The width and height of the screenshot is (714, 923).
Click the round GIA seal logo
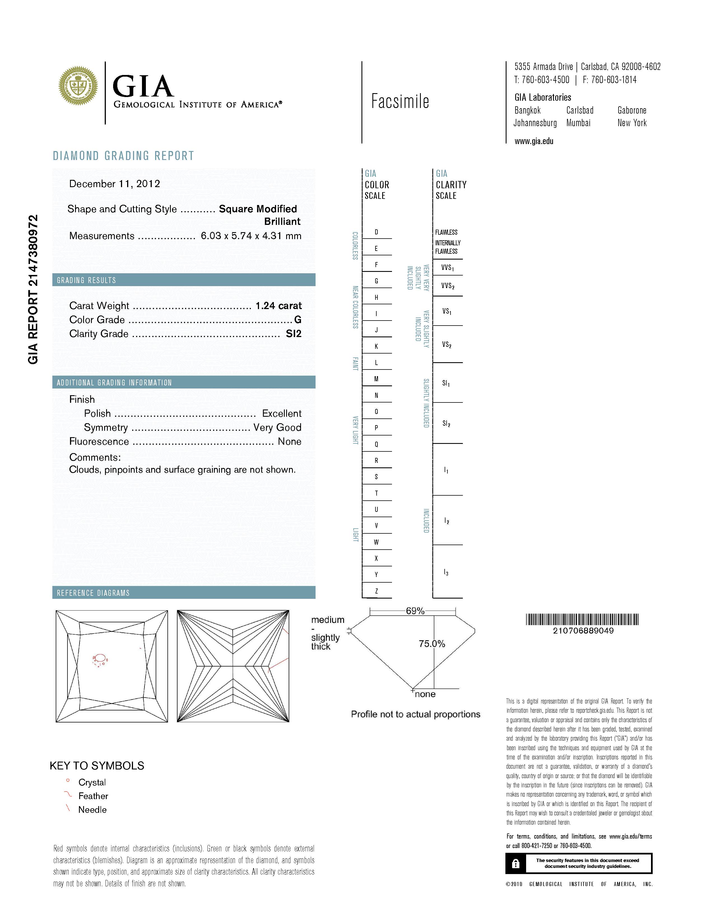(x=78, y=86)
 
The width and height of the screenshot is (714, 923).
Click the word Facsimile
(x=400, y=102)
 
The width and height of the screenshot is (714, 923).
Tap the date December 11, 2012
(x=115, y=184)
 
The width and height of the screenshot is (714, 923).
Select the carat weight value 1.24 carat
(x=278, y=305)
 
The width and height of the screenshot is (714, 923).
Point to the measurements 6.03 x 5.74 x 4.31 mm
(x=251, y=236)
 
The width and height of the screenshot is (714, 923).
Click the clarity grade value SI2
(x=293, y=334)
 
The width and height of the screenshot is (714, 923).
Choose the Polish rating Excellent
(x=282, y=413)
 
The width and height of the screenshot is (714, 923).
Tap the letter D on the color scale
(x=376, y=232)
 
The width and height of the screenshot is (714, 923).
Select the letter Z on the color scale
(x=376, y=591)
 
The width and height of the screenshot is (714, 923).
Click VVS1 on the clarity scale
(x=447, y=267)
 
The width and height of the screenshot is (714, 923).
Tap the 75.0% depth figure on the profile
(x=431, y=644)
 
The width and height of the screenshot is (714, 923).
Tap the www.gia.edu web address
(x=534, y=141)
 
